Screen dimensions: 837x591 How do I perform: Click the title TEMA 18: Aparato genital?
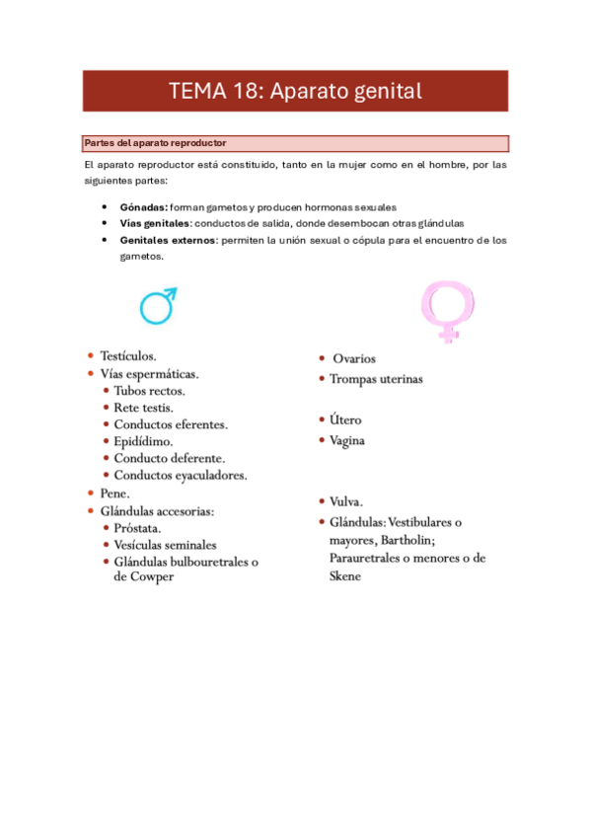click(x=295, y=92)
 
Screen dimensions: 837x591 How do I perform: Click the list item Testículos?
click(x=128, y=355)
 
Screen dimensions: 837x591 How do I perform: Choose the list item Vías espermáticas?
click(x=149, y=374)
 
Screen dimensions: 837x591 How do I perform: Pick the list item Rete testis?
click(x=144, y=408)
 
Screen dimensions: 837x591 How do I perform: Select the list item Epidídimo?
click(x=143, y=441)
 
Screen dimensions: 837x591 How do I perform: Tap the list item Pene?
click(x=114, y=493)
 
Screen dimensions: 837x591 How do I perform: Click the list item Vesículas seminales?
click(x=166, y=544)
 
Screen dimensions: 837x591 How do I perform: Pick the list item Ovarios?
click(x=354, y=359)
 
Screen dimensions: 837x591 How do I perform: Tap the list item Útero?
click(x=346, y=420)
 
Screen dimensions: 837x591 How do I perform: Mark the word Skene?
click(x=345, y=575)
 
